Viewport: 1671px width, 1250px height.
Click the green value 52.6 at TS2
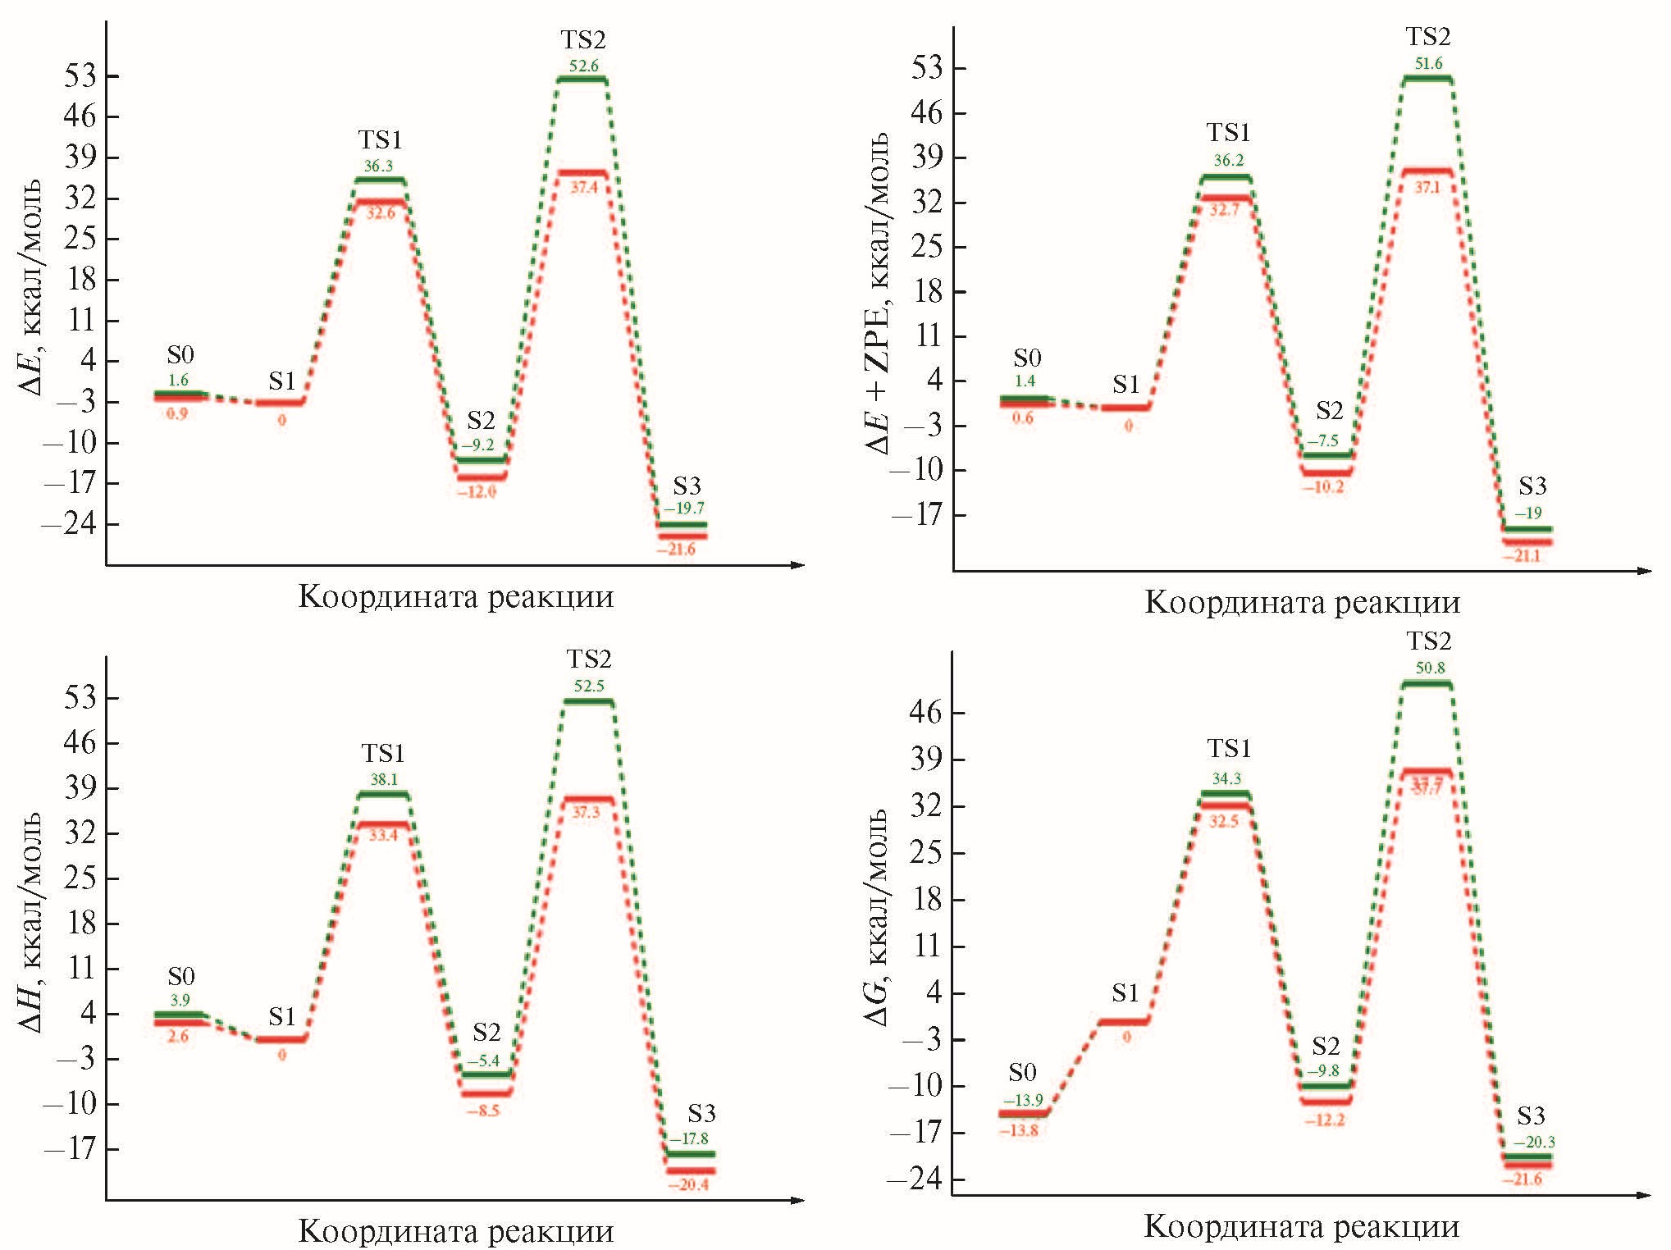point(583,66)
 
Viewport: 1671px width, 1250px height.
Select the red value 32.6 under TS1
point(380,213)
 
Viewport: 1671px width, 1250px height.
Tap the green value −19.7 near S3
point(684,509)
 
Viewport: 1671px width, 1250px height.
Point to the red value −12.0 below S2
point(477,492)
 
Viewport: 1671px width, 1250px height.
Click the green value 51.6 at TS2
point(1428,63)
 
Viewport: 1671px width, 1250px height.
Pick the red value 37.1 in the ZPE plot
point(1427,188)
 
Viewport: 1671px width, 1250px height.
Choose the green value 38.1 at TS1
point(383,779)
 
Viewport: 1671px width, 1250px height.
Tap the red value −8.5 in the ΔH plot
point(483,1111)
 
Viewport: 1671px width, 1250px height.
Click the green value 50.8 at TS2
point(1430,668)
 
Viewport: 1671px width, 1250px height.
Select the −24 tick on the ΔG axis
point(925,1179)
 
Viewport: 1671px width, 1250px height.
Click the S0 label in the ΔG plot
point(1022,1072)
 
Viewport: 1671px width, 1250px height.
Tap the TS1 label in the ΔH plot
point(383,753)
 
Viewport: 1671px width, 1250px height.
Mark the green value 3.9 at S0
point(180,1001)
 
